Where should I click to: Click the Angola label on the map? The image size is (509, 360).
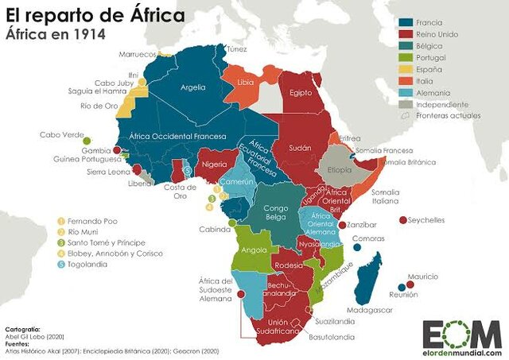(254, 250)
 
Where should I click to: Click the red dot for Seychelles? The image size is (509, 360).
(402, 220)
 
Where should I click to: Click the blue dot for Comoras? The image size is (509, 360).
(357, 247)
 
